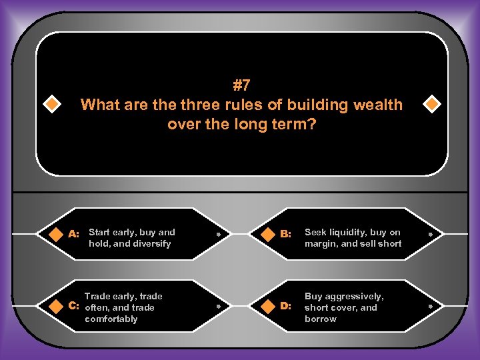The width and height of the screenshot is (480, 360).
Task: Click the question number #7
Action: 241,85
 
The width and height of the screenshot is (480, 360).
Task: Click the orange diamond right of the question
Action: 431,105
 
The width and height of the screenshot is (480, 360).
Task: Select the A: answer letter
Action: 74,234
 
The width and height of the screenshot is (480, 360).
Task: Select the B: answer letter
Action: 285,234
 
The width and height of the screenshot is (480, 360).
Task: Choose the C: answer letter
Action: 74,307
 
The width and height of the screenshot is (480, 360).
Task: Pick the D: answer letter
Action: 285,306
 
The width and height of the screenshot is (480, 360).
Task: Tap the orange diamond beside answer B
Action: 267,234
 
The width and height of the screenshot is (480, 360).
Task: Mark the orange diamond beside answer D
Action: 267,306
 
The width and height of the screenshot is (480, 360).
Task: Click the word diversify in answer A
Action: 153,244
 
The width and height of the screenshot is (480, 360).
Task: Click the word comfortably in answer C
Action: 111,319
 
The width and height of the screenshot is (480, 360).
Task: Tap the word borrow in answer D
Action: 321,319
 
